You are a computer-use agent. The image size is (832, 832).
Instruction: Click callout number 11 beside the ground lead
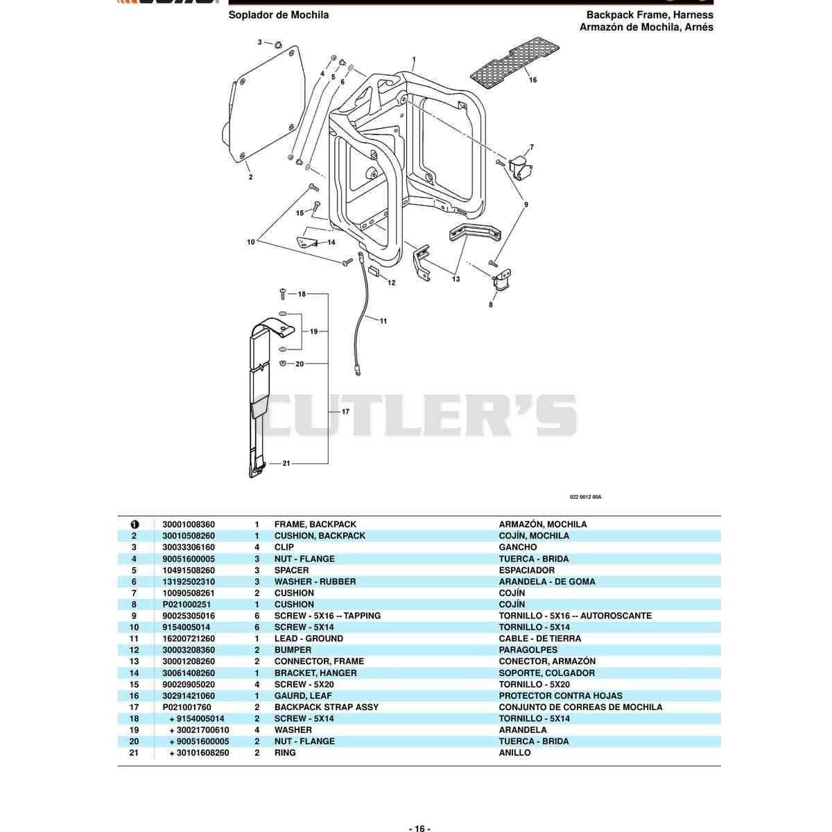pyautogui.click(x=383, y=321)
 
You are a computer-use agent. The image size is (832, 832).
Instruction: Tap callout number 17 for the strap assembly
pyautogui.click(x=345, y=411)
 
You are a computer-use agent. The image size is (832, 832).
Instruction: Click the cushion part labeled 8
pyautogui.click(x=502, y=280)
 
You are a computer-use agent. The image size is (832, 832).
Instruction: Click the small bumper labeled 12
pyautogui.click(x=374, y=272)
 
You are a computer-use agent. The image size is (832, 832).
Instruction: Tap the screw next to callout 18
pyautogui.click(x=283, y=293)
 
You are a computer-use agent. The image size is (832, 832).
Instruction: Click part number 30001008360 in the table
pyautogui.click(x=189, y=525)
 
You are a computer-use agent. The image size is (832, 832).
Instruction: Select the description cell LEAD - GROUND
pyautogui.click(x=309, y=639)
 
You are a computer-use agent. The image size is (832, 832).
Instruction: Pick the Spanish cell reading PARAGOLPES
pyautogui.click(x=528, y=650)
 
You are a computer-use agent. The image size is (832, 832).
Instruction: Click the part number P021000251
pyautogui.click(x=187, y=605)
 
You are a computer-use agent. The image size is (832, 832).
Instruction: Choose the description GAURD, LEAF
pyautogui.click(x=303, y=696)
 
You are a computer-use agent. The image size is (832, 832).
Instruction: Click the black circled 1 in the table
pyautogui.click(x=135, y=525)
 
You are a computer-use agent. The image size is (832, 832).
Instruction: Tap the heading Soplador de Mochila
pyautogui.click(x=279, y=15)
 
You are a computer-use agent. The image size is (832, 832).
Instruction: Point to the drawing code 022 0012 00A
pyautogui.click(x=585, y=497)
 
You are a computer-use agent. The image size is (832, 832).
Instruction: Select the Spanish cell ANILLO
pyautogui.click(x=514, y=753)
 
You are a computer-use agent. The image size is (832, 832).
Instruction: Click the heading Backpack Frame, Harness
pyautogui.click(x=650, y=15)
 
